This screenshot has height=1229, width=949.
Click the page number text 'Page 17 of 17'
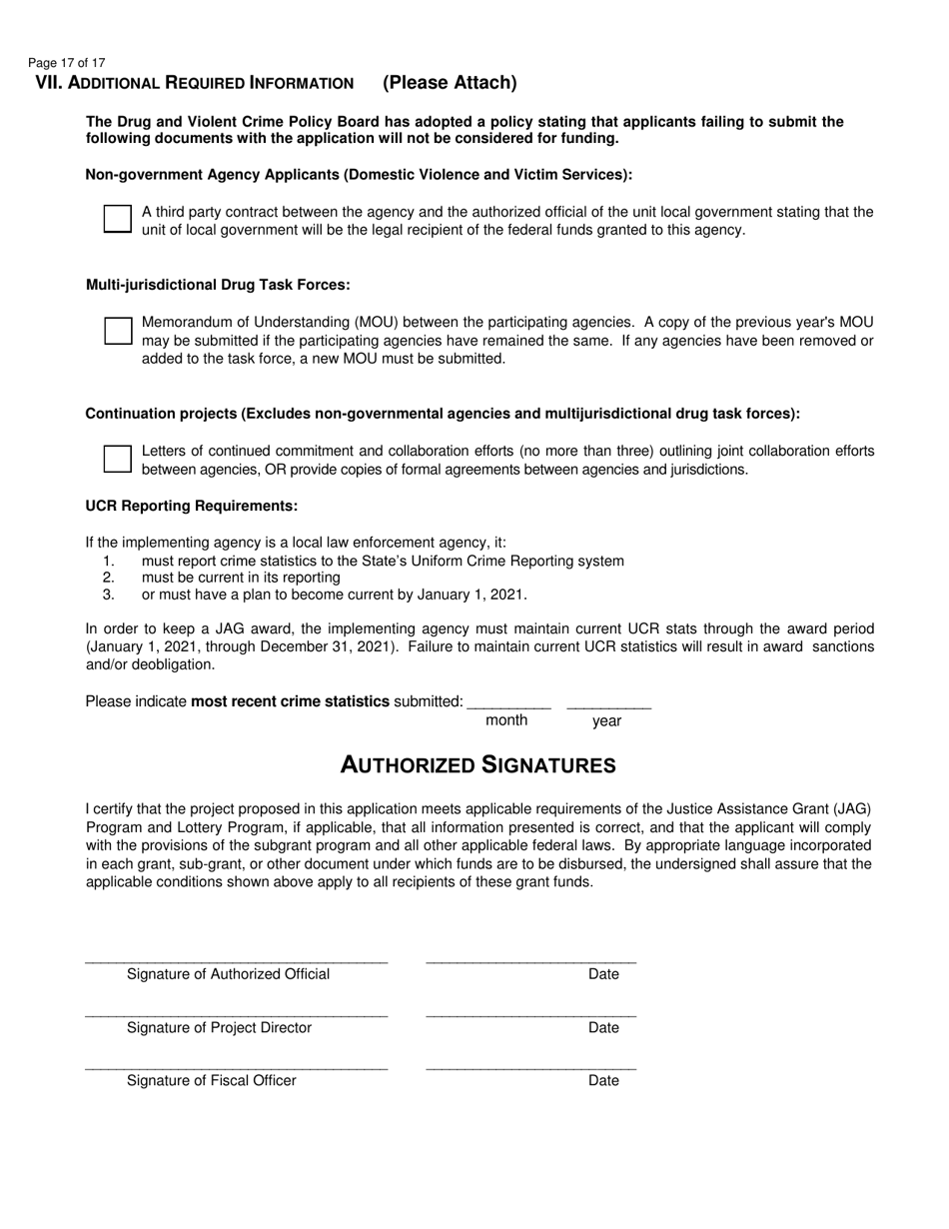[x=66, y=63]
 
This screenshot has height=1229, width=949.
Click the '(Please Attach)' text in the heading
[x=450, y=83]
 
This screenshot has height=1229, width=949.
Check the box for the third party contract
[x=118, y=220]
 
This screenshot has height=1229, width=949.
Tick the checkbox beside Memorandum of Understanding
[x=118, y=331]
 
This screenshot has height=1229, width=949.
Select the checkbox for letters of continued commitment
[x=118, y=459]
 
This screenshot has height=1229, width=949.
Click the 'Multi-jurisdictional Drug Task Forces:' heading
[x=218, y=285]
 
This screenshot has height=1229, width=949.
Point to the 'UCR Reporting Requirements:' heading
[x=192, y=506]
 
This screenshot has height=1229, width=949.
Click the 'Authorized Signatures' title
[x=477, y=765]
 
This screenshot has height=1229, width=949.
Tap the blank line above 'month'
[x=508, y=704]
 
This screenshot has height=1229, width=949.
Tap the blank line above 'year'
[x=608, y=704]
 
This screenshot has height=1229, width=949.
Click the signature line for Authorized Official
[x=237, y=959]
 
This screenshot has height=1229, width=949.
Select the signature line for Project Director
[x=237, y=1013]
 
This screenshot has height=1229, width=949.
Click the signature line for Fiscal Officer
[x=237, y=1066]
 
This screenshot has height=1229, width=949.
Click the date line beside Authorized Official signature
[x=530, y=959]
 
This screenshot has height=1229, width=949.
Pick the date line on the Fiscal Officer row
[x=530, y=1066]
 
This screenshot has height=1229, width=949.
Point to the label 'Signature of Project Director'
[x=219, y=1028]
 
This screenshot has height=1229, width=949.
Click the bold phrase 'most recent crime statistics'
[x=290, y=701]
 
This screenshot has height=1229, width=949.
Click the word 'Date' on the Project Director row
[x=603, y=1028]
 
